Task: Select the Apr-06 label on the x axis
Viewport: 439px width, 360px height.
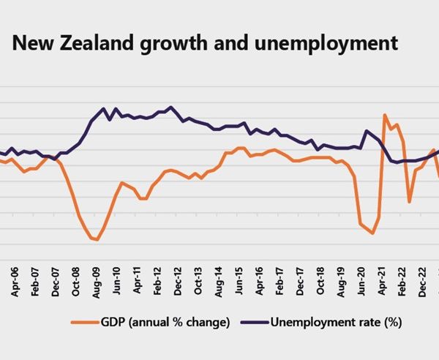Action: (15, 282)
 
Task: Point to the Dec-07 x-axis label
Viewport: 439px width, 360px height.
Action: (56, 282)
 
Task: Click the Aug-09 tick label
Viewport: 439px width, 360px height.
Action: (96, 282)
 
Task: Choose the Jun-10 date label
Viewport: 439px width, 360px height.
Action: (116, 281)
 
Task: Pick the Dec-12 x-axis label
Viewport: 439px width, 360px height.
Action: (178, 281)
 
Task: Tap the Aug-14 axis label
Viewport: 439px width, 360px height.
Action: (218, 282)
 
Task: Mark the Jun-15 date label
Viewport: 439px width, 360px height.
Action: (239, 281)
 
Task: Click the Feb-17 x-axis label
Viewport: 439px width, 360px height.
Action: (279, 281)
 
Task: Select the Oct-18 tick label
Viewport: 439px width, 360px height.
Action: (320, 281)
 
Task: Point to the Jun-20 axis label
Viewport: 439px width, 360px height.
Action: (361, 281)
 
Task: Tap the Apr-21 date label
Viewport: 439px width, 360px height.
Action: (382, 281)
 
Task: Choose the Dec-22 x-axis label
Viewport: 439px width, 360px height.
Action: (422, 282)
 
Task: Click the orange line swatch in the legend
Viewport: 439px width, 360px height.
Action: (85, 323)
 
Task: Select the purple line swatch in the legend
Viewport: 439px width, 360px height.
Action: (255, 323)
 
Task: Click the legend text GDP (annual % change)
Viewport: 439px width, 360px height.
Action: (165, 323)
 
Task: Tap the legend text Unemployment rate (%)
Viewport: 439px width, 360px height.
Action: (337, 323)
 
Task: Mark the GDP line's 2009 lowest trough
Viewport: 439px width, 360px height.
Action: (97, 239)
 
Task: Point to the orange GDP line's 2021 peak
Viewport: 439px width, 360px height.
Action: (385, 114)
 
